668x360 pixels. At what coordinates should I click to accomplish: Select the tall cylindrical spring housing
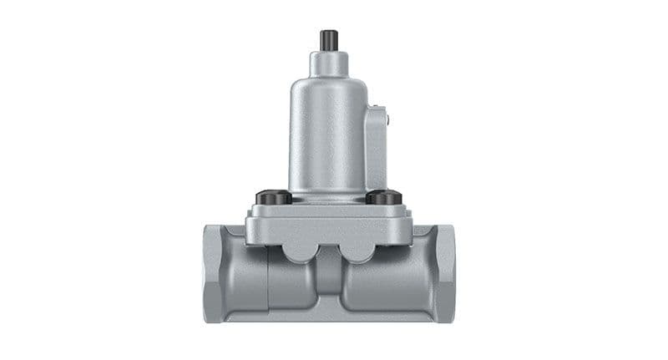coord(326,134)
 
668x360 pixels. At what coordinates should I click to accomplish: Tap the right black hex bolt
coord(384,198)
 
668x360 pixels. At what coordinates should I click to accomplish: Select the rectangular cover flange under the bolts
coord(328,221)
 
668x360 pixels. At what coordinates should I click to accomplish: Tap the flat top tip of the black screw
coord(327,32)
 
